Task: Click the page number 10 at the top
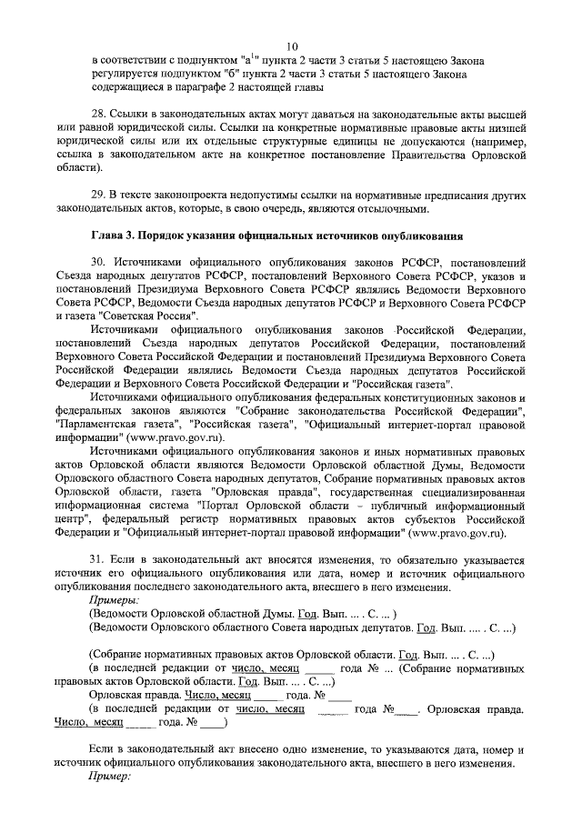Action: (x=292, y=46)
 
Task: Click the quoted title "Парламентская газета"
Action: (x=113, y=425)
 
